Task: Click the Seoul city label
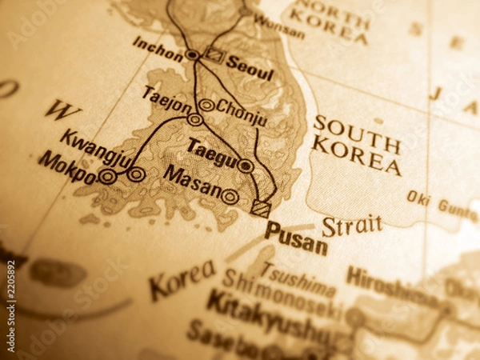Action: coord(250,68)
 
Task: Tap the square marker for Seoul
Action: coord(214,54)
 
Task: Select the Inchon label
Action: coord(158,47)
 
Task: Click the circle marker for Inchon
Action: coord(192,54)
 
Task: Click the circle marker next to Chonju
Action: coord(206,105)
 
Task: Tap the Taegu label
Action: coord(211,151)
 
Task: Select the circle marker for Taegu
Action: coord(246,166)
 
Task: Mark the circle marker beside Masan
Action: coord(230,196)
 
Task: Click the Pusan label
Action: coord(296,238)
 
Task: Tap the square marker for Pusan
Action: coord(260,208)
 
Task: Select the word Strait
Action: coord(352,226)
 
